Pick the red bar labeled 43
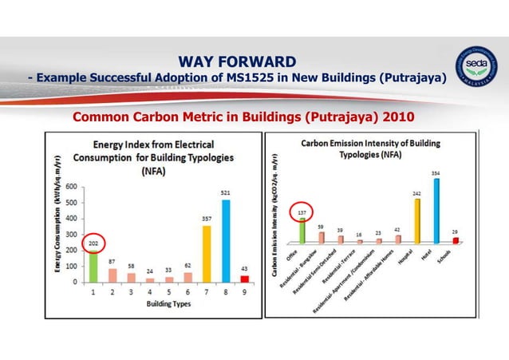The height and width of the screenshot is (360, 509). tap(245, 278)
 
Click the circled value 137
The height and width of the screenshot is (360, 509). tap(302, 214)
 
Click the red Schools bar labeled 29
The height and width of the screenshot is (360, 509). tap(456, 239)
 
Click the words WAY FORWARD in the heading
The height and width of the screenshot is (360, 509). tap(237, 61)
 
